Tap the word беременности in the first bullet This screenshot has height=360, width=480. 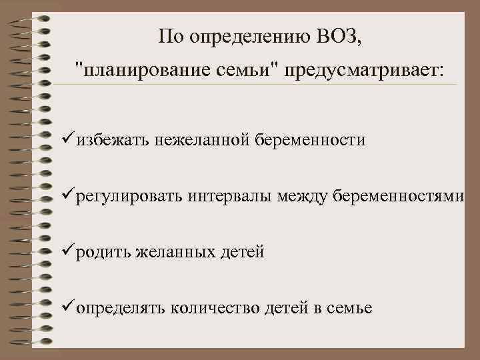click(x=309, y=140)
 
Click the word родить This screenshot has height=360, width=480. click(x=103, y=253)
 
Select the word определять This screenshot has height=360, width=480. click(x=121, y=308)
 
